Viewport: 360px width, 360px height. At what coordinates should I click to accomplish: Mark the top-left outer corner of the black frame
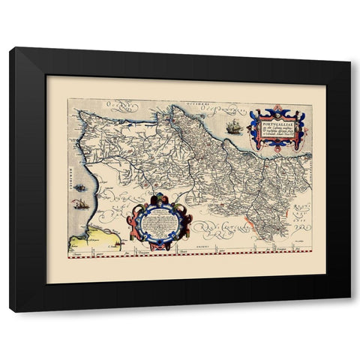[10, 48]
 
